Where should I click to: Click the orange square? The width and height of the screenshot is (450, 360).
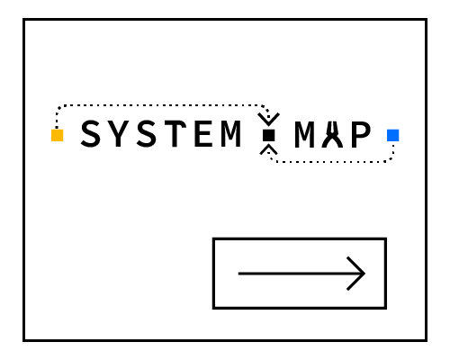[58, 135]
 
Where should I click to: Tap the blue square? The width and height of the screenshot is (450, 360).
[393, 135]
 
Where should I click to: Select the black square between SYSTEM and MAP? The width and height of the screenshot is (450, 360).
[269, 135]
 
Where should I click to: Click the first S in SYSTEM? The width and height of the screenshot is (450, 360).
[90, 133]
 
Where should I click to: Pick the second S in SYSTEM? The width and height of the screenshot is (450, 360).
[147, 133]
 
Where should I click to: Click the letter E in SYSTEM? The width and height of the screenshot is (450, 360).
[204, 134]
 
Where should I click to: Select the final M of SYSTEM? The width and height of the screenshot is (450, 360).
[231, 134]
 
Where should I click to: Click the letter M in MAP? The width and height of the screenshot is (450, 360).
[304, 135]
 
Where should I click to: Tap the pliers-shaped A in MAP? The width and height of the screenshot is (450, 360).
[332, 135]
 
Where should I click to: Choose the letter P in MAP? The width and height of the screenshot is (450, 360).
[361, 135]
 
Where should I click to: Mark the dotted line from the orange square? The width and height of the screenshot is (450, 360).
[162, 105]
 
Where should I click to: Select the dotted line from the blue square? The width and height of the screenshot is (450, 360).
[330, 162]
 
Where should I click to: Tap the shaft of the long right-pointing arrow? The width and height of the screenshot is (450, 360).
[301, 274]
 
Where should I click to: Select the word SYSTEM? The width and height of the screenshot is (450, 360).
[161, 133]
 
